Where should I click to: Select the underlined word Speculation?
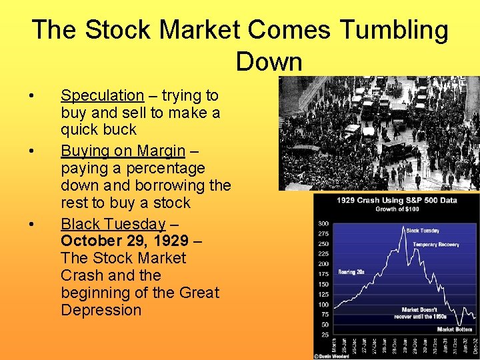(x=102, y=95)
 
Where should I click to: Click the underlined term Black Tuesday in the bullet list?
(x=113, y=223)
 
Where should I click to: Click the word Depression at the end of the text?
(x=101, y=310)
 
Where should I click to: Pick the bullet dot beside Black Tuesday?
(x=33, y=223)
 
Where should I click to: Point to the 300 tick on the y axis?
(x=323, y=223)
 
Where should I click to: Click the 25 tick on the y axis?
(x=324, y=333)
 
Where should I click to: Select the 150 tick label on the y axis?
(x=323, y=284)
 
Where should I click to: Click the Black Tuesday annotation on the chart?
(x=423, y=231)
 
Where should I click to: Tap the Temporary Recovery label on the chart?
(x=435, y=245)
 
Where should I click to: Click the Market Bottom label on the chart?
(x=455, y=329)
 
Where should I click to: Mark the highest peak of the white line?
(x=405, y=228)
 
